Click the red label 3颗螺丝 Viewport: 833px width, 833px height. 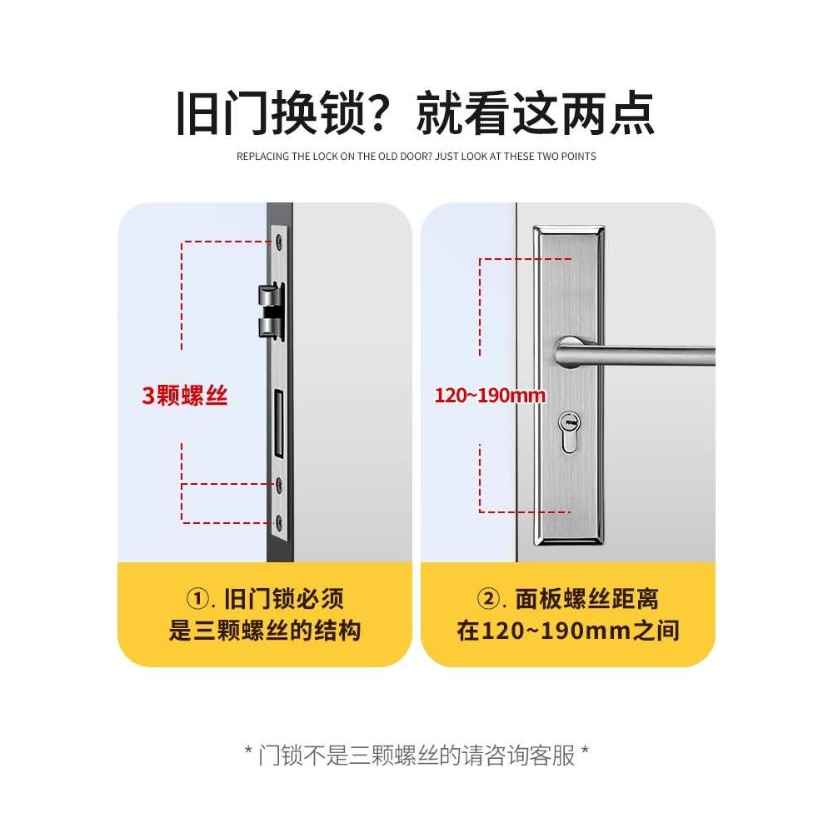[x=184, y=396]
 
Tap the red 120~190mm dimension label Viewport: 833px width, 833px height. [x=490, y=395]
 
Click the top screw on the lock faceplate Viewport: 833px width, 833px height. [x=278, y=242]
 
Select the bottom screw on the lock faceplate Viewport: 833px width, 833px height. [x=278, y=523]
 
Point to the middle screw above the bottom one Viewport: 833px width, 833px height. [x=278, y=484]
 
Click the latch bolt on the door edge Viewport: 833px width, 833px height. [x=271, y=311]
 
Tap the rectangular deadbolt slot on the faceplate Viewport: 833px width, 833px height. [x=279, y=426]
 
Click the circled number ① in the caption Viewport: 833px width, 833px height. [x=197, y=599]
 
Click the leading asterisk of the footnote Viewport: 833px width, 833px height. [x=248, y=754]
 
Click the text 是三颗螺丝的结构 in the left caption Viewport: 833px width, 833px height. [x=265, y=630]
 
